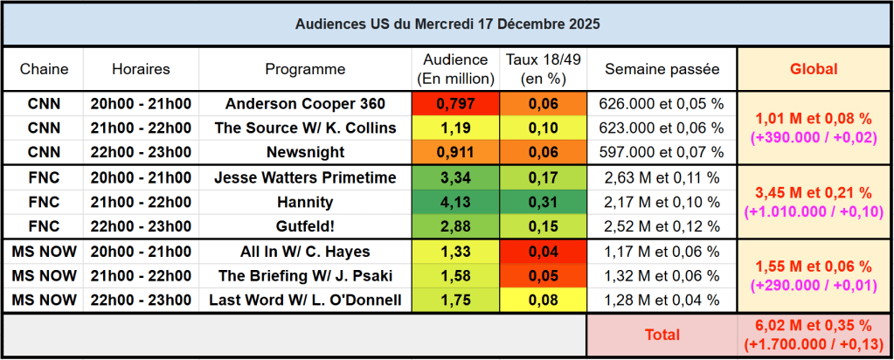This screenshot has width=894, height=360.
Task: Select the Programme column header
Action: coord(305,69)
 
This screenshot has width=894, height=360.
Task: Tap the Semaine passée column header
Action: coord(662,69)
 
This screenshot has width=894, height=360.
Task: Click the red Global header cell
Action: coord(814,69)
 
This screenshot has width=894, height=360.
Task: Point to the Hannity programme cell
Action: coord(305,202)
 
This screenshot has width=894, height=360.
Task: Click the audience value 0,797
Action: coord(454,104)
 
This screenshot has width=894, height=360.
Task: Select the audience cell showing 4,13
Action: coord(454,202)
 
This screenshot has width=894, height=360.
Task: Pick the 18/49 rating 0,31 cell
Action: coord(544,202)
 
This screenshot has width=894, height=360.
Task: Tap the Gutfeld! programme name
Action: coord(305,226)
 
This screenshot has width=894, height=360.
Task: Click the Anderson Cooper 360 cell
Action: coord(305,104)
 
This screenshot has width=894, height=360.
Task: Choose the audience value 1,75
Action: coord(454,301)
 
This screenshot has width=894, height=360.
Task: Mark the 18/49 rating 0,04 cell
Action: coord(544,252)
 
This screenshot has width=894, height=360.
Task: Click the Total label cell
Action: coord(662,335)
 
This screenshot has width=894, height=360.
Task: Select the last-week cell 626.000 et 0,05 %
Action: coord(662,104)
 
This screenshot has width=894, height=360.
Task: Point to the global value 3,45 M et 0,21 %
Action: coord(814,193)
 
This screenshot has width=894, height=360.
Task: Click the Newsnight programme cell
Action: coord(305,152)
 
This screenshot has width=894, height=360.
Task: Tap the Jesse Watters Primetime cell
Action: coord(305,178)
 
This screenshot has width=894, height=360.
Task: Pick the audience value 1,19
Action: coord(454,128)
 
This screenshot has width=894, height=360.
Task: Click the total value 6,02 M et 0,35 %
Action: coord(814,324)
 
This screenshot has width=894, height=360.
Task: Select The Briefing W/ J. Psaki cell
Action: coord(305,276)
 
